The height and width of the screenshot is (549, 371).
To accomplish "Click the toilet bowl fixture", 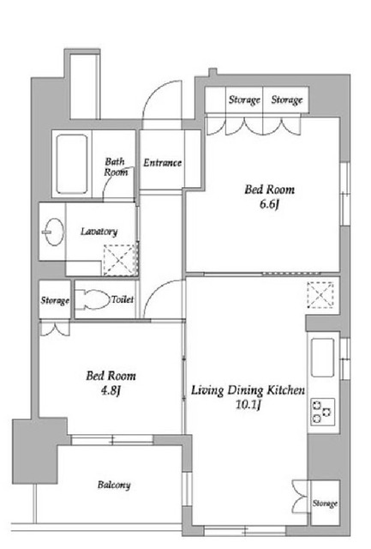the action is coord(93,299).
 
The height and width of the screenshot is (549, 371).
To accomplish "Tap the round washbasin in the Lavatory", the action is coord(53,232).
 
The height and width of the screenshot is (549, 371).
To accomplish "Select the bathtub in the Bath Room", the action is coord(72,164).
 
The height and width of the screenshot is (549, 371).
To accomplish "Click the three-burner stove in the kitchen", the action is coord(322,412).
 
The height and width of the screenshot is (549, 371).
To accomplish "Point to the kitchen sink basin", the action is coord(322,357).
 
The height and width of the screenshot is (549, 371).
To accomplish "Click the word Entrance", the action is coord(162,163).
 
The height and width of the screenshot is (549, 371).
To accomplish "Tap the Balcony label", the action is coord(114,485).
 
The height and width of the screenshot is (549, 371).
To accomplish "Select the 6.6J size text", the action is coord(269,204).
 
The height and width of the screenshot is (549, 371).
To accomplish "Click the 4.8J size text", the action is coord(111,390).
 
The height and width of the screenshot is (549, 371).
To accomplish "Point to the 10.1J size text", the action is coord(248,405).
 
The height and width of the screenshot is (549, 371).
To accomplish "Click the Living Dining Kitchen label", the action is coord(248,390).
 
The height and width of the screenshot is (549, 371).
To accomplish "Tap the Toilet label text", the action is coord(123,299).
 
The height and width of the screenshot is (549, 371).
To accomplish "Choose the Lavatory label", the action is coord(99,232).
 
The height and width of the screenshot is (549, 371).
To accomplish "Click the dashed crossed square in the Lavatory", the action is coord(120,260).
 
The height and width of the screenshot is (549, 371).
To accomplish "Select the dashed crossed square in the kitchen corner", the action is coord(320,295).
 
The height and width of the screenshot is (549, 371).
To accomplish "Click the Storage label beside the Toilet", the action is coord(55,300).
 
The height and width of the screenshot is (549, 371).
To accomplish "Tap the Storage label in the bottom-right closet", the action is coord(325,504).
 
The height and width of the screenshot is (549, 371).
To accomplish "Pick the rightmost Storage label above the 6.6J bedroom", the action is coord(287,100).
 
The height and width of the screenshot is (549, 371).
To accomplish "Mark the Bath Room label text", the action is coord(116,166).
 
